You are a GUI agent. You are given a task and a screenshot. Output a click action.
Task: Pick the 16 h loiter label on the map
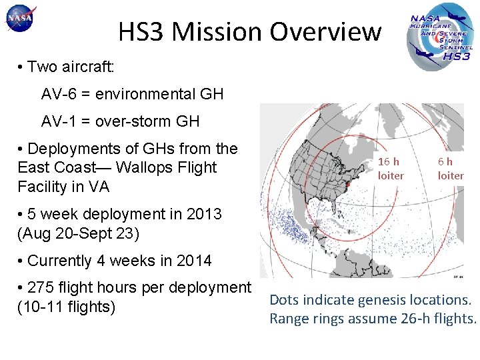390,169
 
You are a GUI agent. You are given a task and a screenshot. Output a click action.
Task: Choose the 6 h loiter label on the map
450,169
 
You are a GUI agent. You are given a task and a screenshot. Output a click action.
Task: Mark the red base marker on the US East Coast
347,177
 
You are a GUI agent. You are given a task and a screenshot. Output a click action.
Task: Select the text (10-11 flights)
67,307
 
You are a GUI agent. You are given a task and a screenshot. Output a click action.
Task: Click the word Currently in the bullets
60,261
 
